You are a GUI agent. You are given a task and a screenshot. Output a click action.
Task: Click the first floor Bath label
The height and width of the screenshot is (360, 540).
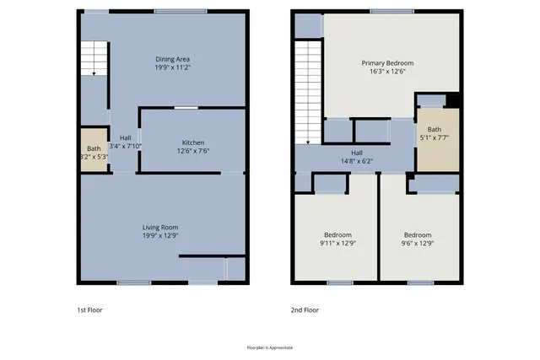[94, 148]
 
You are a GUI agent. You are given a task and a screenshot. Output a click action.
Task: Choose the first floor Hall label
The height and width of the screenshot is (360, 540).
[125, 137]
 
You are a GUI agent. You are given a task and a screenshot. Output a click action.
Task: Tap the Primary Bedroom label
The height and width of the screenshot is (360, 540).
[387, 63]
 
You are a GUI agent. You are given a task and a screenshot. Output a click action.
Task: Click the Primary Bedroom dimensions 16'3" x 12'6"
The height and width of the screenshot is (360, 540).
[387, 73]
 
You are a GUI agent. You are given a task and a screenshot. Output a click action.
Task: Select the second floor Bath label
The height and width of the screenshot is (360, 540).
[434, 129]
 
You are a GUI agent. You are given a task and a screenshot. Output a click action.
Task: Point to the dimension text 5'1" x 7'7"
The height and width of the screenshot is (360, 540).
[434, 138]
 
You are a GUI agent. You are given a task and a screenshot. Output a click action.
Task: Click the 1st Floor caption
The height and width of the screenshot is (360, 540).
[90, 309]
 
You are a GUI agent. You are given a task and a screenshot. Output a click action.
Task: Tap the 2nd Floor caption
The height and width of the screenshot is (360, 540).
[305, 309]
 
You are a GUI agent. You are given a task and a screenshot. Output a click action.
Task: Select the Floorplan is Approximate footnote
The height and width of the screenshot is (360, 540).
[269, 347]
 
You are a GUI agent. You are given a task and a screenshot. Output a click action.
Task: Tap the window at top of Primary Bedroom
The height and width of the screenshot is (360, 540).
[391, 11]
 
